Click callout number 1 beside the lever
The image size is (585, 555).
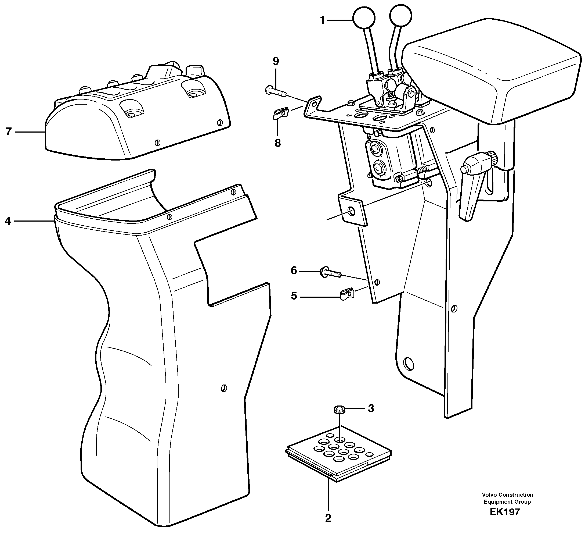[x=323, y=20]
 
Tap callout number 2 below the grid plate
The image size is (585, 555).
[x=328, y=518]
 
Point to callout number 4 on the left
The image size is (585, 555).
[x=8, y=221]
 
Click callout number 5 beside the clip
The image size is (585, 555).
[x=294, y=296]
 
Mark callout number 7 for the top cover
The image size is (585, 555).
[x=9, y=131]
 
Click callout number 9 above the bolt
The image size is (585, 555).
[x=276, y=62]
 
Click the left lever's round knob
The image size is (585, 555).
[x=364, y=18]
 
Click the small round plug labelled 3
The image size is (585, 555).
[x=338, y=410]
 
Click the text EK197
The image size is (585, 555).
[x=504, y=512]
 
